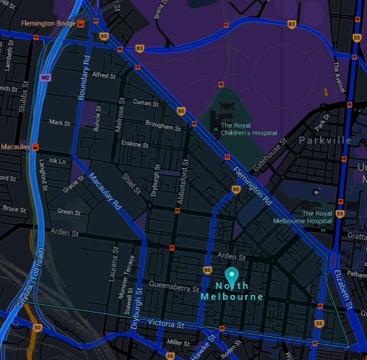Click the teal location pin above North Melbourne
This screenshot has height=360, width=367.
tap(232, 275)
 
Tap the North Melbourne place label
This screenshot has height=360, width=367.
tap(231, 291)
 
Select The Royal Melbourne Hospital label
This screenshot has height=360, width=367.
tap(303, 216)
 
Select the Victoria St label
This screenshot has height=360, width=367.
tap(166, 323)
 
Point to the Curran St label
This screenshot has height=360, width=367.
tap(145, 102)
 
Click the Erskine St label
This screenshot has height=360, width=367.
tap(132, 145)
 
